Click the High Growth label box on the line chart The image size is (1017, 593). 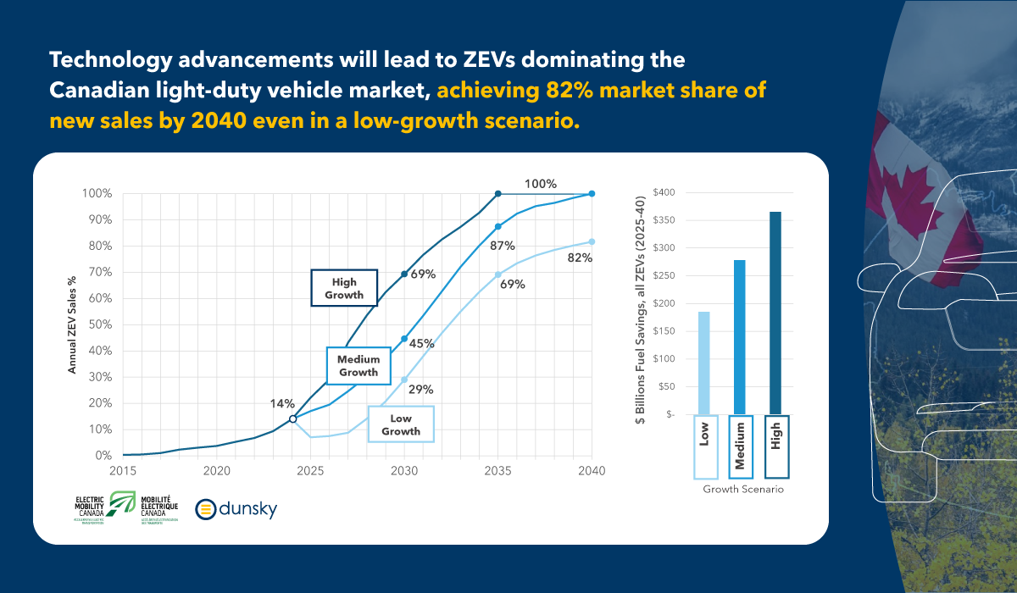[344, 288]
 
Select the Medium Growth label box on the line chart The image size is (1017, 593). [358, 366]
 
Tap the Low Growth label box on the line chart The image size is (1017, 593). [400, 424]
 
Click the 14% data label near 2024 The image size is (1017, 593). [282, 404]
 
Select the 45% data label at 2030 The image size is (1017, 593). [422, 344]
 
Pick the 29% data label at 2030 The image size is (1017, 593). [421, 390]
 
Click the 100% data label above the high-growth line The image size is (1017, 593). [540, 184]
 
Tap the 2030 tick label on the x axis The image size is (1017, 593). [403, 471]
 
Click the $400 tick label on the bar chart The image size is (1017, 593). [664, 192]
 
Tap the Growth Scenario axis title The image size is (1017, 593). [743, 490]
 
